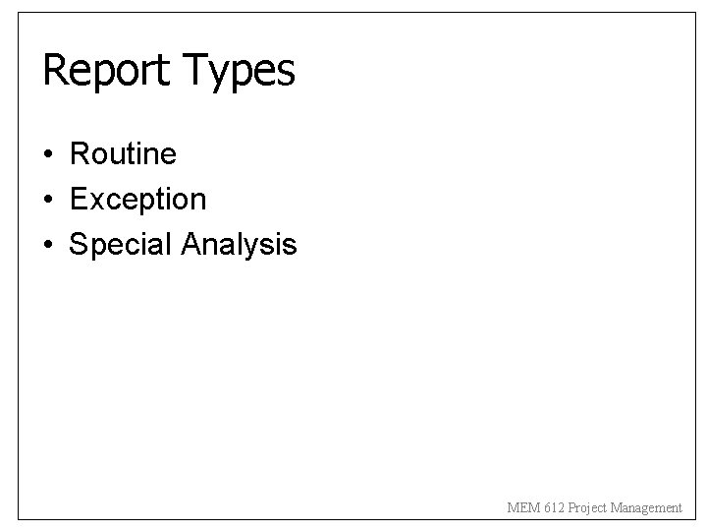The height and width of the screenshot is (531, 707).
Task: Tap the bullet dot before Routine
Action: click(x=48, y=154)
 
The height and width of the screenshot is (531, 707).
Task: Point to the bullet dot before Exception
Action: click(x=48, y=200)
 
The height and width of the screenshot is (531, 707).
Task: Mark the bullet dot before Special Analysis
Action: click(x=48, y=245)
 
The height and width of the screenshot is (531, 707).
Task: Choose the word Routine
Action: click(x=123, y=153)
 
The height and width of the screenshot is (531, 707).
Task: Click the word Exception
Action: click(x=137, y=200)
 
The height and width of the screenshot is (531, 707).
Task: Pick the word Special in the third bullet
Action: click(x=122, y=245)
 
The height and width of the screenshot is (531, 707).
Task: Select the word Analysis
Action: click(x=240, y=245)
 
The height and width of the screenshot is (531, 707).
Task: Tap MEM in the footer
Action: click(x=522, y=507)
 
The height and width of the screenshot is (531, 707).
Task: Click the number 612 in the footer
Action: click(x=551, y=507)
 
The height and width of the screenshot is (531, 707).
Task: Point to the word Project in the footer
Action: click(x=585, y=507)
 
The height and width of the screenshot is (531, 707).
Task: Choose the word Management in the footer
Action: click(x=645, y=507)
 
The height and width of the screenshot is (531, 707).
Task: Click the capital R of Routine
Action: click(x=79, y=153)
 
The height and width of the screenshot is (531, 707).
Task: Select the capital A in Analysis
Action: click(x=191, y=244)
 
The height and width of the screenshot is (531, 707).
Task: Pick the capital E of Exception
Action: click(x=78, y=200)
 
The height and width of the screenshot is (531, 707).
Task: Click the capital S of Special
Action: click(x=78, y=244)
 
